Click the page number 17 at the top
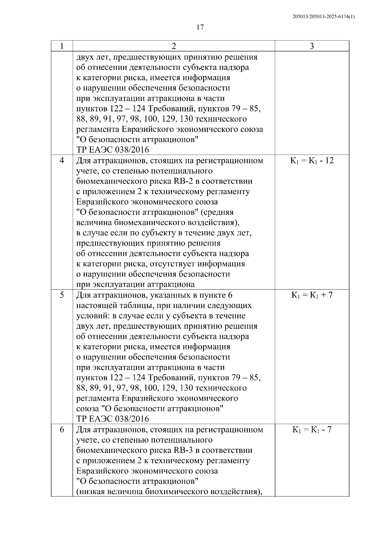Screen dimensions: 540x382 200,27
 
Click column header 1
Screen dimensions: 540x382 62,46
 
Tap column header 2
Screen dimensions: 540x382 173,46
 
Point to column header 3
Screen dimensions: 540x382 312,46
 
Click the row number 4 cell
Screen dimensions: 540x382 62,161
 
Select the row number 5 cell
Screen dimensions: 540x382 62,295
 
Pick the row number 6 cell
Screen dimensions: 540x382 62,430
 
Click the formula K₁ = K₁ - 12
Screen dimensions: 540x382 312,161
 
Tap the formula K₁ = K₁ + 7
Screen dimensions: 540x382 312,295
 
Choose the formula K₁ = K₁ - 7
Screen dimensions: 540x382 312,430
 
